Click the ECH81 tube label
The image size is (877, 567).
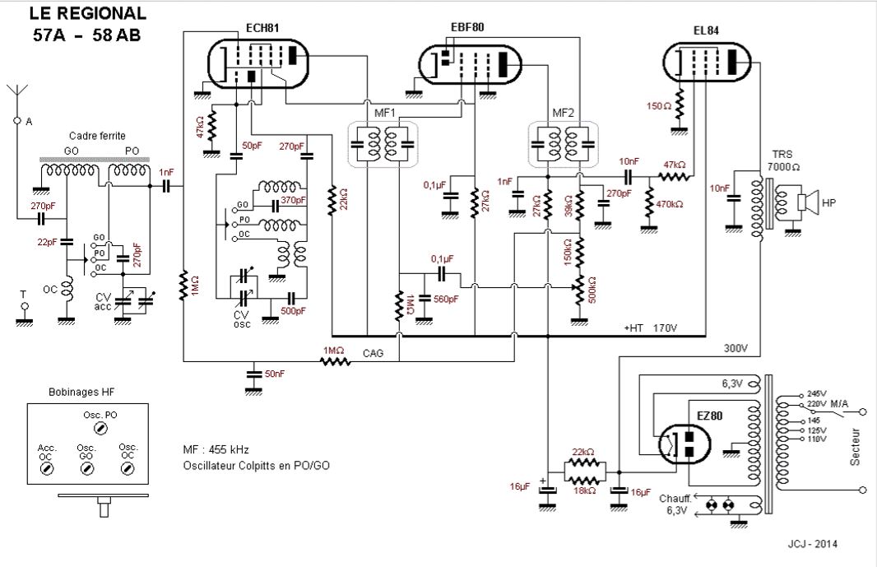pos(263,27)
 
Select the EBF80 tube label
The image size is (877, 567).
pos(467,27)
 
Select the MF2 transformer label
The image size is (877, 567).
pos(564,112)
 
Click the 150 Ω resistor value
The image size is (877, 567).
pos(660,107)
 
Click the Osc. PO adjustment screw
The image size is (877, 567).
pos(100,430)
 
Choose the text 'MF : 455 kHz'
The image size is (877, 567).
pos(216,449)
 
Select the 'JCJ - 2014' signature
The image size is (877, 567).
pos(814,544)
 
